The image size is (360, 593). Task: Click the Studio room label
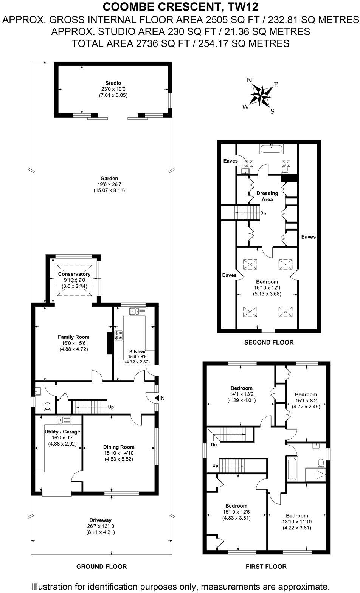pyautogui.click(x=113, y=83)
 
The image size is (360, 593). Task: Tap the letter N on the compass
pyautogui.click(x=249, y=80)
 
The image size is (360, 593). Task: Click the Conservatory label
pyautogui.click(x=74, y=274)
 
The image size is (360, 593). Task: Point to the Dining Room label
pyautogui.click(x=119, y=447)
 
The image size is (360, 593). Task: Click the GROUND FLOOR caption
pyautogui.click(x=101, y=566)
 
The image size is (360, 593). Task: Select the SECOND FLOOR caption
pyautogui.click(x=268, y=342)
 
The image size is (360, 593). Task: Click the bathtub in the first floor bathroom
pyautogui.click(x=292, y=468)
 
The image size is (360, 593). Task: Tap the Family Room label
pyautogui.click(x=73, y=337)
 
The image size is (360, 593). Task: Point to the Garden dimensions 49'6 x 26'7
pyautogui.click(x=109, y=185)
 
